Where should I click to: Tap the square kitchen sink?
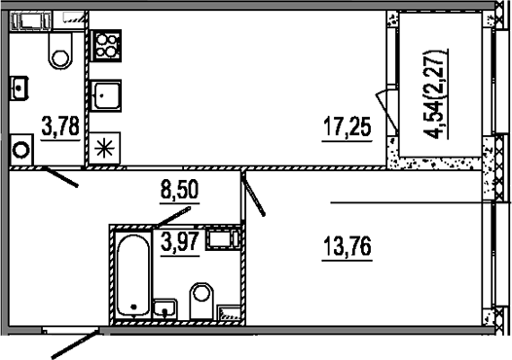(105, 95)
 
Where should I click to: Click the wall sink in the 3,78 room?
(20, 88)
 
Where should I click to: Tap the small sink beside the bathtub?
(166, 308)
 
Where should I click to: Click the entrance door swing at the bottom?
(74, 345)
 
